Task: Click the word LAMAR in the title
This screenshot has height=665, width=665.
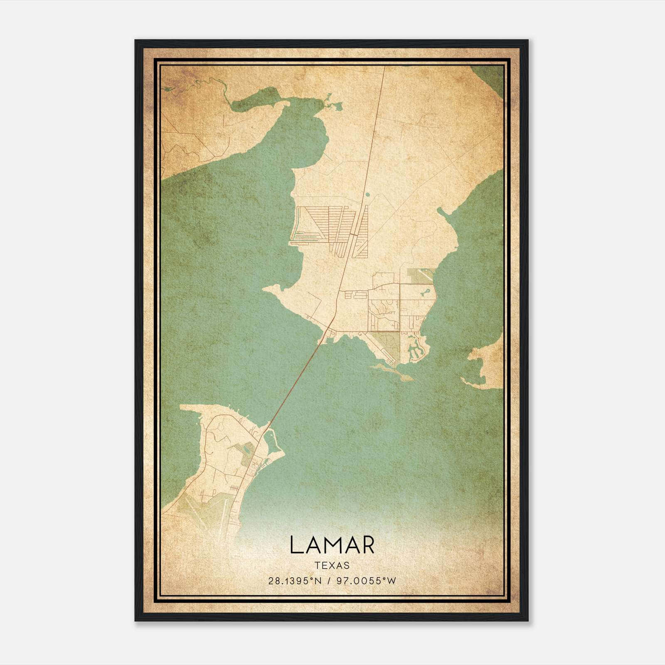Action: (x=332, y=545)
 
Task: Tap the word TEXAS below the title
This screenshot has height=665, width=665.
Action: (x=332, y=565)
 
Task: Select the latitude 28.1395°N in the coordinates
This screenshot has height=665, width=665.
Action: (x=295, y=581)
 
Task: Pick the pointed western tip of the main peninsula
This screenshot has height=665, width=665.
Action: (x=266, y=288)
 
